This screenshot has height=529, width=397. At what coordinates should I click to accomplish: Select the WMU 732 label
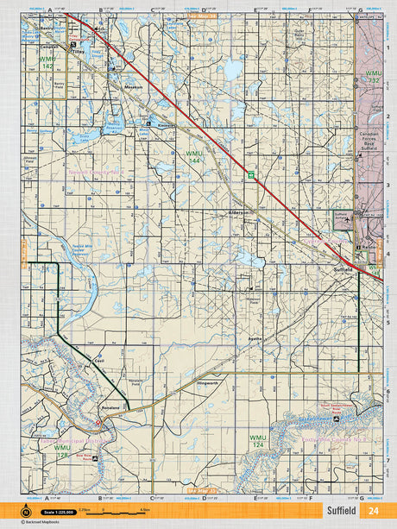373,77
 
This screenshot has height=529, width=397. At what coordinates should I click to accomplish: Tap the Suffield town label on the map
343,270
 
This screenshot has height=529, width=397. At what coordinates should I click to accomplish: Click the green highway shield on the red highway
251,174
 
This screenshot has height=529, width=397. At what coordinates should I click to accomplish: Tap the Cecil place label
99,361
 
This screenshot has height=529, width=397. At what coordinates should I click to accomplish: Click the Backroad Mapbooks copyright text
35,523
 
